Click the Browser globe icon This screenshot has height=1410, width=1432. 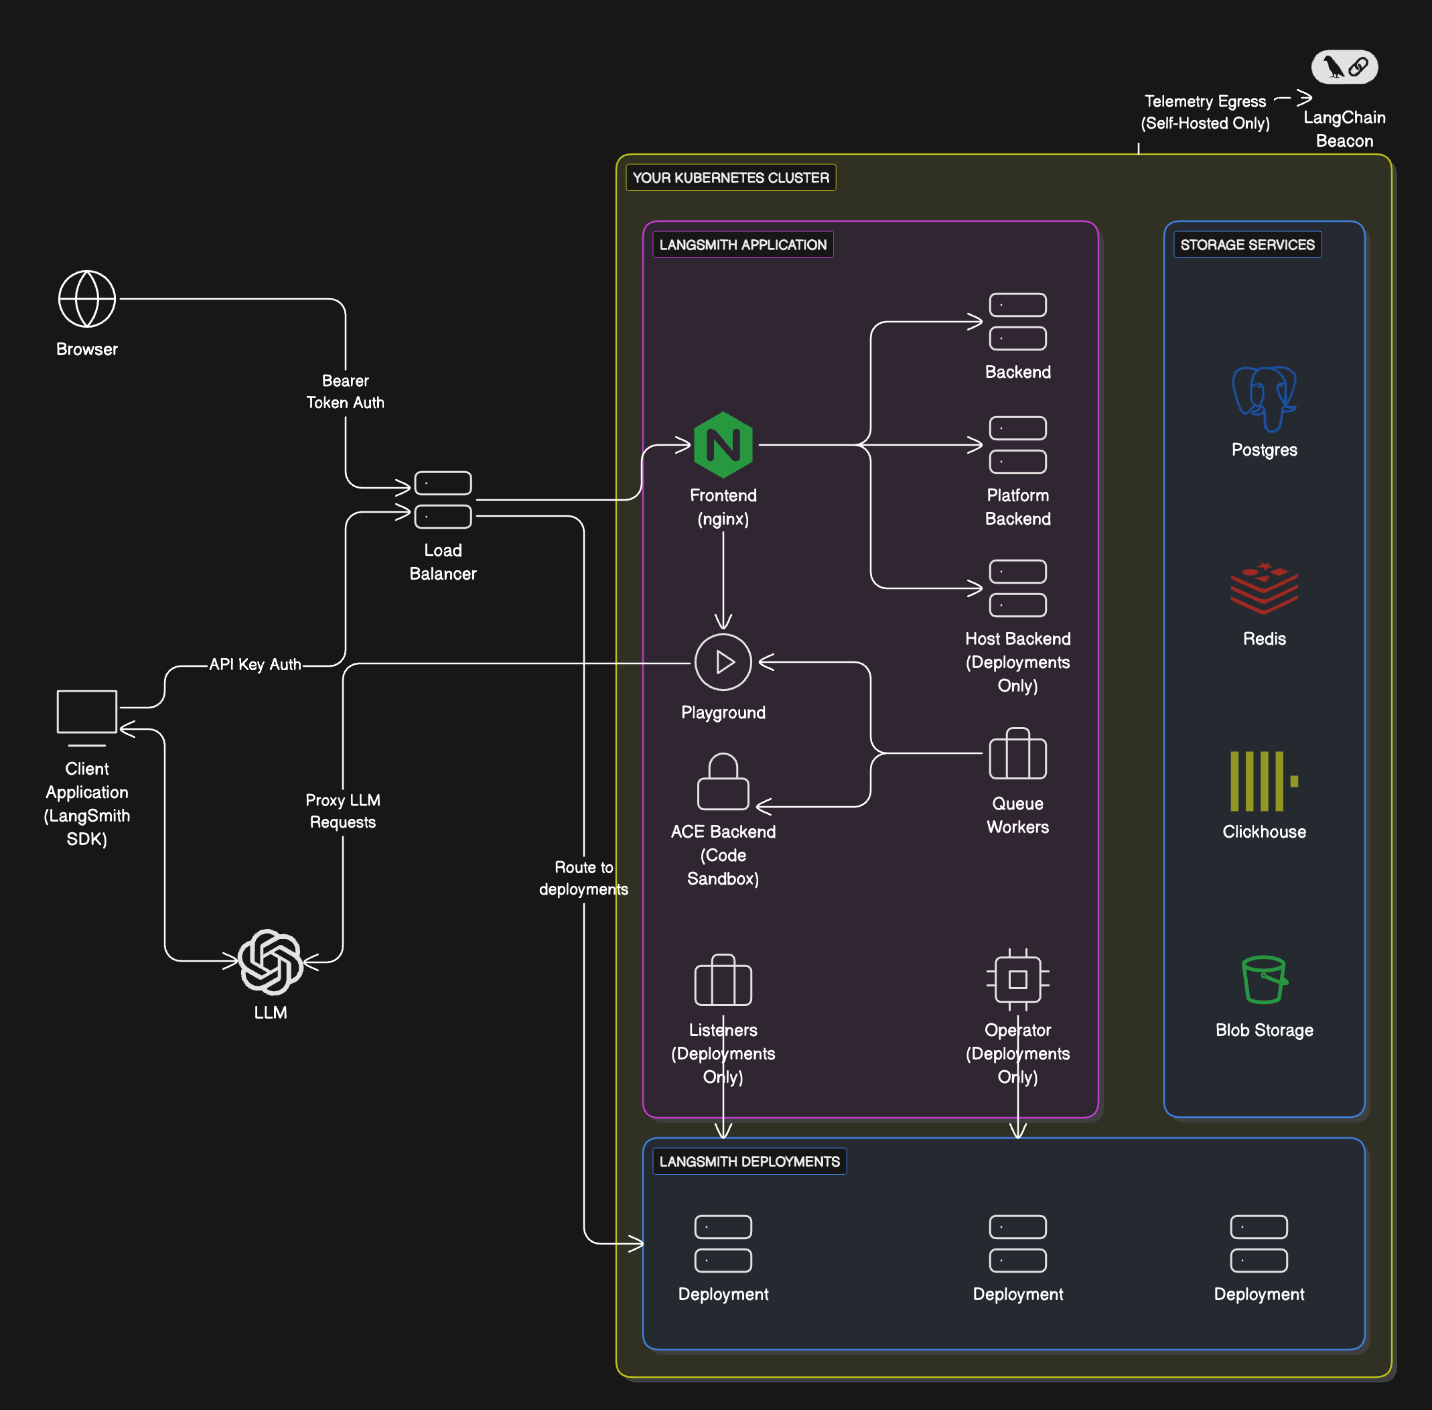86,298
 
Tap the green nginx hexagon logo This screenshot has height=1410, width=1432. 723,444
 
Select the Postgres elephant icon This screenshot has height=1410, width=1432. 1264,397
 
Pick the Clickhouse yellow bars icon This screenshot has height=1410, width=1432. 1263,781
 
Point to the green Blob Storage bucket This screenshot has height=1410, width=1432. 1264,979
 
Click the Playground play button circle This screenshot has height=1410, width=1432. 723,661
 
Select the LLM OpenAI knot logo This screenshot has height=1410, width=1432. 271,961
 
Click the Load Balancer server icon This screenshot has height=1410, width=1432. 443,500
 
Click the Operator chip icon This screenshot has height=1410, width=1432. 1017,979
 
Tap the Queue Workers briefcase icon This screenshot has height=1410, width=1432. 1017,754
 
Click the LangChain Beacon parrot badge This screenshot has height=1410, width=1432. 1344,66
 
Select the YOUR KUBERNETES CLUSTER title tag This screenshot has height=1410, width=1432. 731,178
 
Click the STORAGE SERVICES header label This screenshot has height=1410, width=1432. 1247,245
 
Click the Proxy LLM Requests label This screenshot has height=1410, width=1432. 343,811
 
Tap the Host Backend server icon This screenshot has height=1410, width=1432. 1017,588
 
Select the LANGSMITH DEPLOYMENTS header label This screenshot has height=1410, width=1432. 749,1161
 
